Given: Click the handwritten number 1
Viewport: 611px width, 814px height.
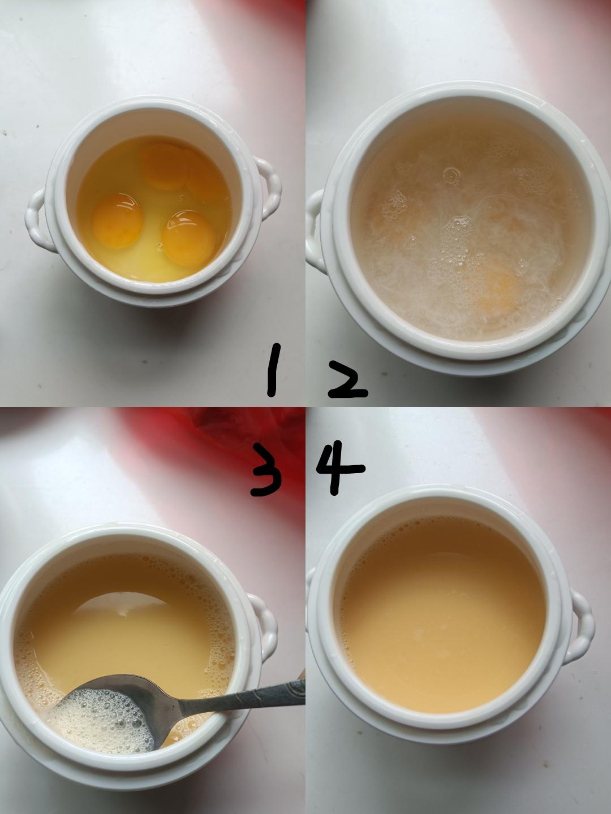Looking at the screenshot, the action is point(273,370).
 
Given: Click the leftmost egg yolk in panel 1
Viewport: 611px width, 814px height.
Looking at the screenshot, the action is point(117,220).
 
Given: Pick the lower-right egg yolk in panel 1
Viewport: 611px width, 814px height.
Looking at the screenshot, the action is point(189,238).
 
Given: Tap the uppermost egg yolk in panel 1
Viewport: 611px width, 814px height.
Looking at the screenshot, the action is point(164,166).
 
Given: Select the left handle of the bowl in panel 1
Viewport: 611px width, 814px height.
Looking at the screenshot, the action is point(37,221).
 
